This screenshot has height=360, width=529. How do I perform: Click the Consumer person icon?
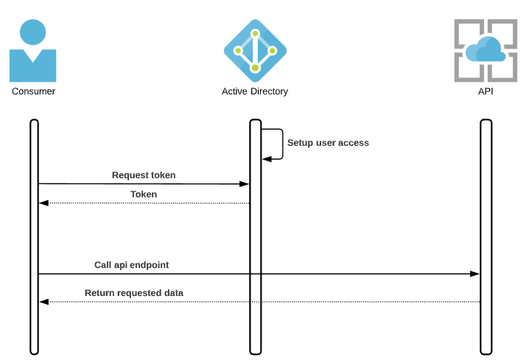click(32, 52)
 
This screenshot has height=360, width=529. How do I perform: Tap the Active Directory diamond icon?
click(255, 50)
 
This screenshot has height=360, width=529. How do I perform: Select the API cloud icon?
click(485, 50)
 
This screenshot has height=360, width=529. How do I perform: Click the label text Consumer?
click(33, 91)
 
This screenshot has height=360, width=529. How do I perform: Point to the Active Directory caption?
click(255, 91)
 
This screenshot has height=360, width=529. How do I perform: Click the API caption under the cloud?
click(486, 91)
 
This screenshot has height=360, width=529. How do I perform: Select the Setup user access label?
click(328, 143)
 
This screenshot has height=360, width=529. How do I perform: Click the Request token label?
click(144, 175)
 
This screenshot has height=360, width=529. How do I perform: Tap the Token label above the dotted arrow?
click(144, 194)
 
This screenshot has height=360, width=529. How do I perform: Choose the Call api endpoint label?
click(132, 264)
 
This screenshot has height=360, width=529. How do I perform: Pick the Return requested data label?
click(134, 293)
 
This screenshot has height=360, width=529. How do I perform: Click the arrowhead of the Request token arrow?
click(245, 184)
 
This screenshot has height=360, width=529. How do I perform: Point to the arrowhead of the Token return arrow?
click(43, 203)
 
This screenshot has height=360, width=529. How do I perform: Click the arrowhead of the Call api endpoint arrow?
click(475, 274)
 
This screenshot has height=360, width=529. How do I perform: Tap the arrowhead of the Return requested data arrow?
click(43, 302)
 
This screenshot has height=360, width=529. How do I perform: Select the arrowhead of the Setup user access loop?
click(266, 158)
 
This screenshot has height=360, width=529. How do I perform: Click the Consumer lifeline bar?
click(34, 236)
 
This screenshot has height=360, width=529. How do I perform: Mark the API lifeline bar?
click(485, 236)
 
